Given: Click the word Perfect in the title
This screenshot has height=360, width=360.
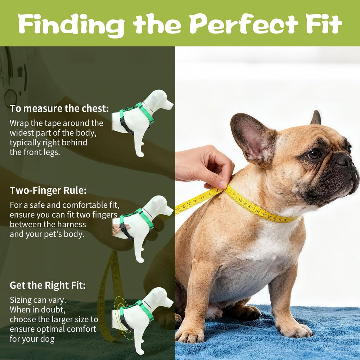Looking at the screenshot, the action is pyautogui.click(x=244, y=24).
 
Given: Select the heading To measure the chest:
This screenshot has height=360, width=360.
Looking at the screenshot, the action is pyautogui.click(x=59, y=108).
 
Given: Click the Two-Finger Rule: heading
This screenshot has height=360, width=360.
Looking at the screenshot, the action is pyautogui.click(x=48, y=190).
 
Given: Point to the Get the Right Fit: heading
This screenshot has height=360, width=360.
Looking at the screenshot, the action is pyautogui.click(x=48, y=285).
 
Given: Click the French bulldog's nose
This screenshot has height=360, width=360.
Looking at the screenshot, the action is pyautogui.click(x=345, y=160).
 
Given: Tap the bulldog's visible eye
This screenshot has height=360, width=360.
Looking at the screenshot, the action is pyautogui.click(x=314, y=154).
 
